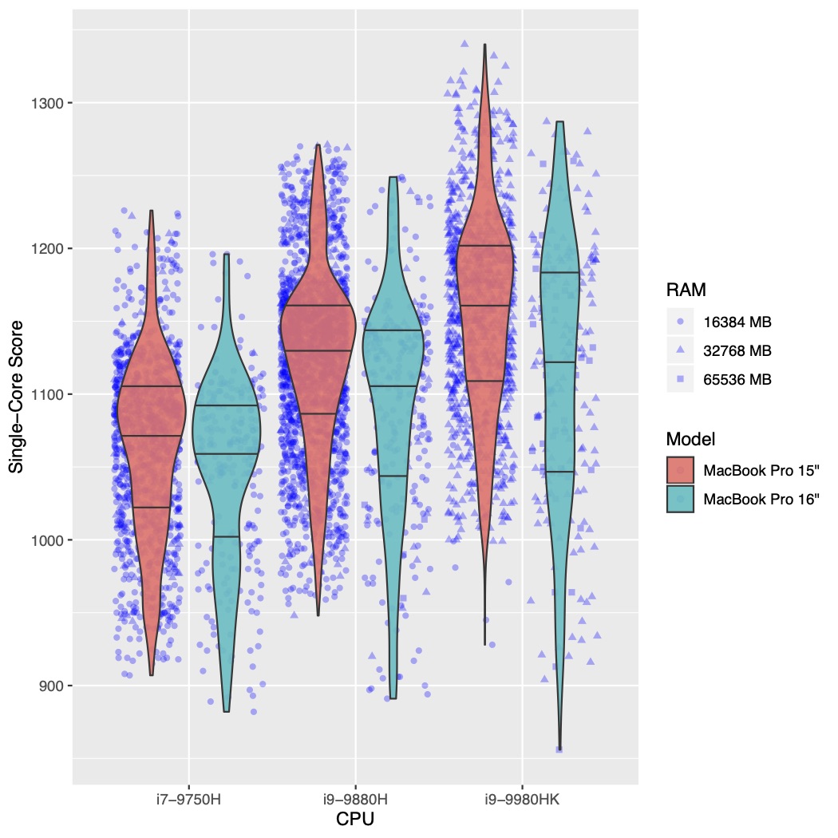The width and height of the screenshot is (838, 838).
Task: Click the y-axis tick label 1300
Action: [49, 103]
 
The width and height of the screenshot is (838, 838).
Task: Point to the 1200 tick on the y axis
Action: [49, 249]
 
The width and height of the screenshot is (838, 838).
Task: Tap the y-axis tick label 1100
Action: [49, 394]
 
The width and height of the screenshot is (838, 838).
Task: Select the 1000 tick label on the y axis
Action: [49, 540]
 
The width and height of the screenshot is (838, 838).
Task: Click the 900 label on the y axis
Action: [53, 686]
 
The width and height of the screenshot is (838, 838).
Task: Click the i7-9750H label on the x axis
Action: [188, 799]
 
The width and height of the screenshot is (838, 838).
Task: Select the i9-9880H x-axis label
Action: [355, 799]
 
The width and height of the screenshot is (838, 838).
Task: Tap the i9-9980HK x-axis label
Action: [523, 799]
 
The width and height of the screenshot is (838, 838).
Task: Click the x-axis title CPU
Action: [355, 820]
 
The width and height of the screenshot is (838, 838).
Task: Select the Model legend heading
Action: [690, 438]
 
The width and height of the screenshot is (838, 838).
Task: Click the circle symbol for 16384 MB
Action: [680, 322]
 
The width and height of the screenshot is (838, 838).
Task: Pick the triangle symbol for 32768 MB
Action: [680, 350]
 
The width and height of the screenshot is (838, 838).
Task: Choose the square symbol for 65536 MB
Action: [680, 379]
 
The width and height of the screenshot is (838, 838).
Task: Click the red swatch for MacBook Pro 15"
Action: [680, 470]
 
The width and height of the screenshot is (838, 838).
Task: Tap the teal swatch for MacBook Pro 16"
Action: [680, 499]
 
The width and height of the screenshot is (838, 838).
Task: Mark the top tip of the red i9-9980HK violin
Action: [484, 45]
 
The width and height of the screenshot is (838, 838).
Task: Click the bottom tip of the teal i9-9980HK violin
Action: [559, 749]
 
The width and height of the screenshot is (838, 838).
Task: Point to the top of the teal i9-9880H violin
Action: [393, 177]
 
